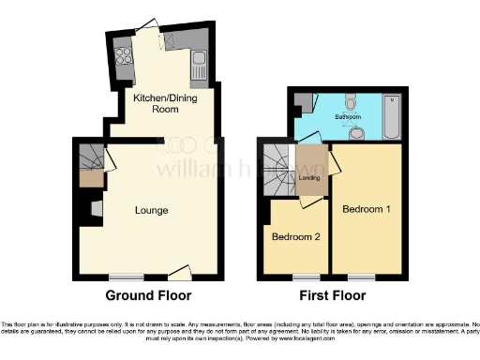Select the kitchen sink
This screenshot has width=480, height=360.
click(198, 64)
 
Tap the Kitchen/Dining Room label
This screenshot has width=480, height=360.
click(155, 104)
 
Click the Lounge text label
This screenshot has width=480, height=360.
click(151, 210)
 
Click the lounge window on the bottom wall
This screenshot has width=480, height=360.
click(127, 276)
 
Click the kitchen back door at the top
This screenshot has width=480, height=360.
click(150, 26)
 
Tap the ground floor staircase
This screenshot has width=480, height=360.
click(89, 155)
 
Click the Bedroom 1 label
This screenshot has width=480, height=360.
click(366, 208)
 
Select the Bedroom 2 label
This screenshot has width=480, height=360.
click(296, 237)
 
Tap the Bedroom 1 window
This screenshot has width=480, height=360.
click(361, 276)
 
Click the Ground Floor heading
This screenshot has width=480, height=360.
click(148, 295)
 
